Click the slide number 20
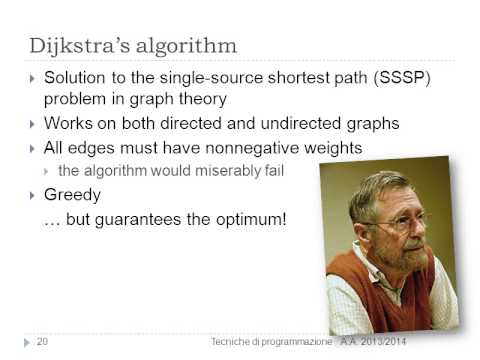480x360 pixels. (x=42, y=342)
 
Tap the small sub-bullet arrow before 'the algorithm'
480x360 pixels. (x=50, y=172)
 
